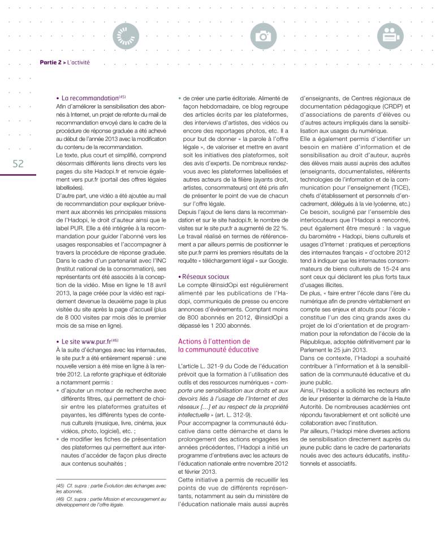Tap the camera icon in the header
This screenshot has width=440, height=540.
click(x=263, y=36)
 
